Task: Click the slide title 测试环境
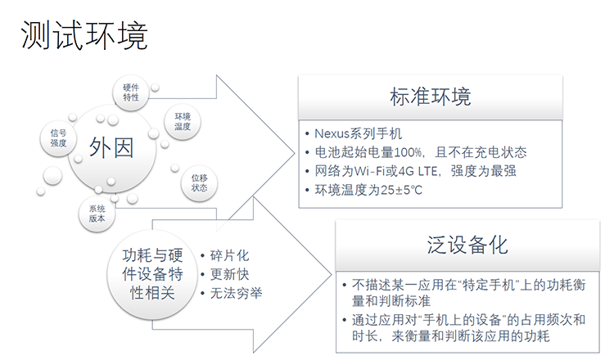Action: [84, 35]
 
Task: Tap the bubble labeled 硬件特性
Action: [131, 92]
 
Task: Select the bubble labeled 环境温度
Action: [183, 122]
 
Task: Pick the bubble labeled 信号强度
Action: [58, 138]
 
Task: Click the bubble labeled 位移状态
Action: [199, 183]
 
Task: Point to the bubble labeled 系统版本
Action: [97, 214]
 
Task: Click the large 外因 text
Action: [111, 147]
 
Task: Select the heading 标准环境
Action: [430, 97]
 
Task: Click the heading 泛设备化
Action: [467, 245]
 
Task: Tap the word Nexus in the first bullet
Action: [332, 134]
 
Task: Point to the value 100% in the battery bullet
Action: [408, 152]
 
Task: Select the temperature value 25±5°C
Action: [401, 190]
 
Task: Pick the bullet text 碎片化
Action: [229, 255]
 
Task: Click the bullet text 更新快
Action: [229, 274]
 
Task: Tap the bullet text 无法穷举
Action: [236, 293]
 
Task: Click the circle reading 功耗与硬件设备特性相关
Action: [152, 274]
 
